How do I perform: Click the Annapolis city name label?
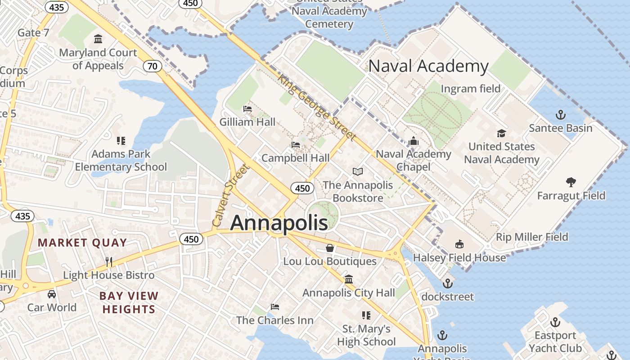[x=279, y=223]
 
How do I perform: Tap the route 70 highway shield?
[x=153, y=67]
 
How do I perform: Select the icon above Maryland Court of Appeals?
[x=98, y=39]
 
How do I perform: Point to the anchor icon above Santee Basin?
[x=560, y=115]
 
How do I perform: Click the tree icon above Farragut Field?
[x=571, y=182]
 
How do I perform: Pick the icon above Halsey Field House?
[x=459, y=244]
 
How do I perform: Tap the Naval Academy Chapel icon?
[x=414, y=141]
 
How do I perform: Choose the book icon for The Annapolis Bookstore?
[x=358, y=171]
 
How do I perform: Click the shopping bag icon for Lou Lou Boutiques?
[x=330, y=248]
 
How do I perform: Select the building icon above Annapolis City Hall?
[x=349, y=279]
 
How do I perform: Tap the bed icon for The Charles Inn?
[x=275, y=307]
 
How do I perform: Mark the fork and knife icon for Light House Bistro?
[x=108, y=261]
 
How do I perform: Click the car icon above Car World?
[x=52, y=294]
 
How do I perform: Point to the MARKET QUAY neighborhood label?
[x=82, y=243]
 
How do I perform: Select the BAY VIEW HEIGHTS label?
[x=129, y=302]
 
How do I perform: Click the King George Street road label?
[x=317, y=107]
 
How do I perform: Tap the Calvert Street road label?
[x=230, y=196]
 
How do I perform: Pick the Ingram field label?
[x=470, y=89]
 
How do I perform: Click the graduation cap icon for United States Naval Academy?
[x=501, y=133]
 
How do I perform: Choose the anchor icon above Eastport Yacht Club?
[x=555, y=322]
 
